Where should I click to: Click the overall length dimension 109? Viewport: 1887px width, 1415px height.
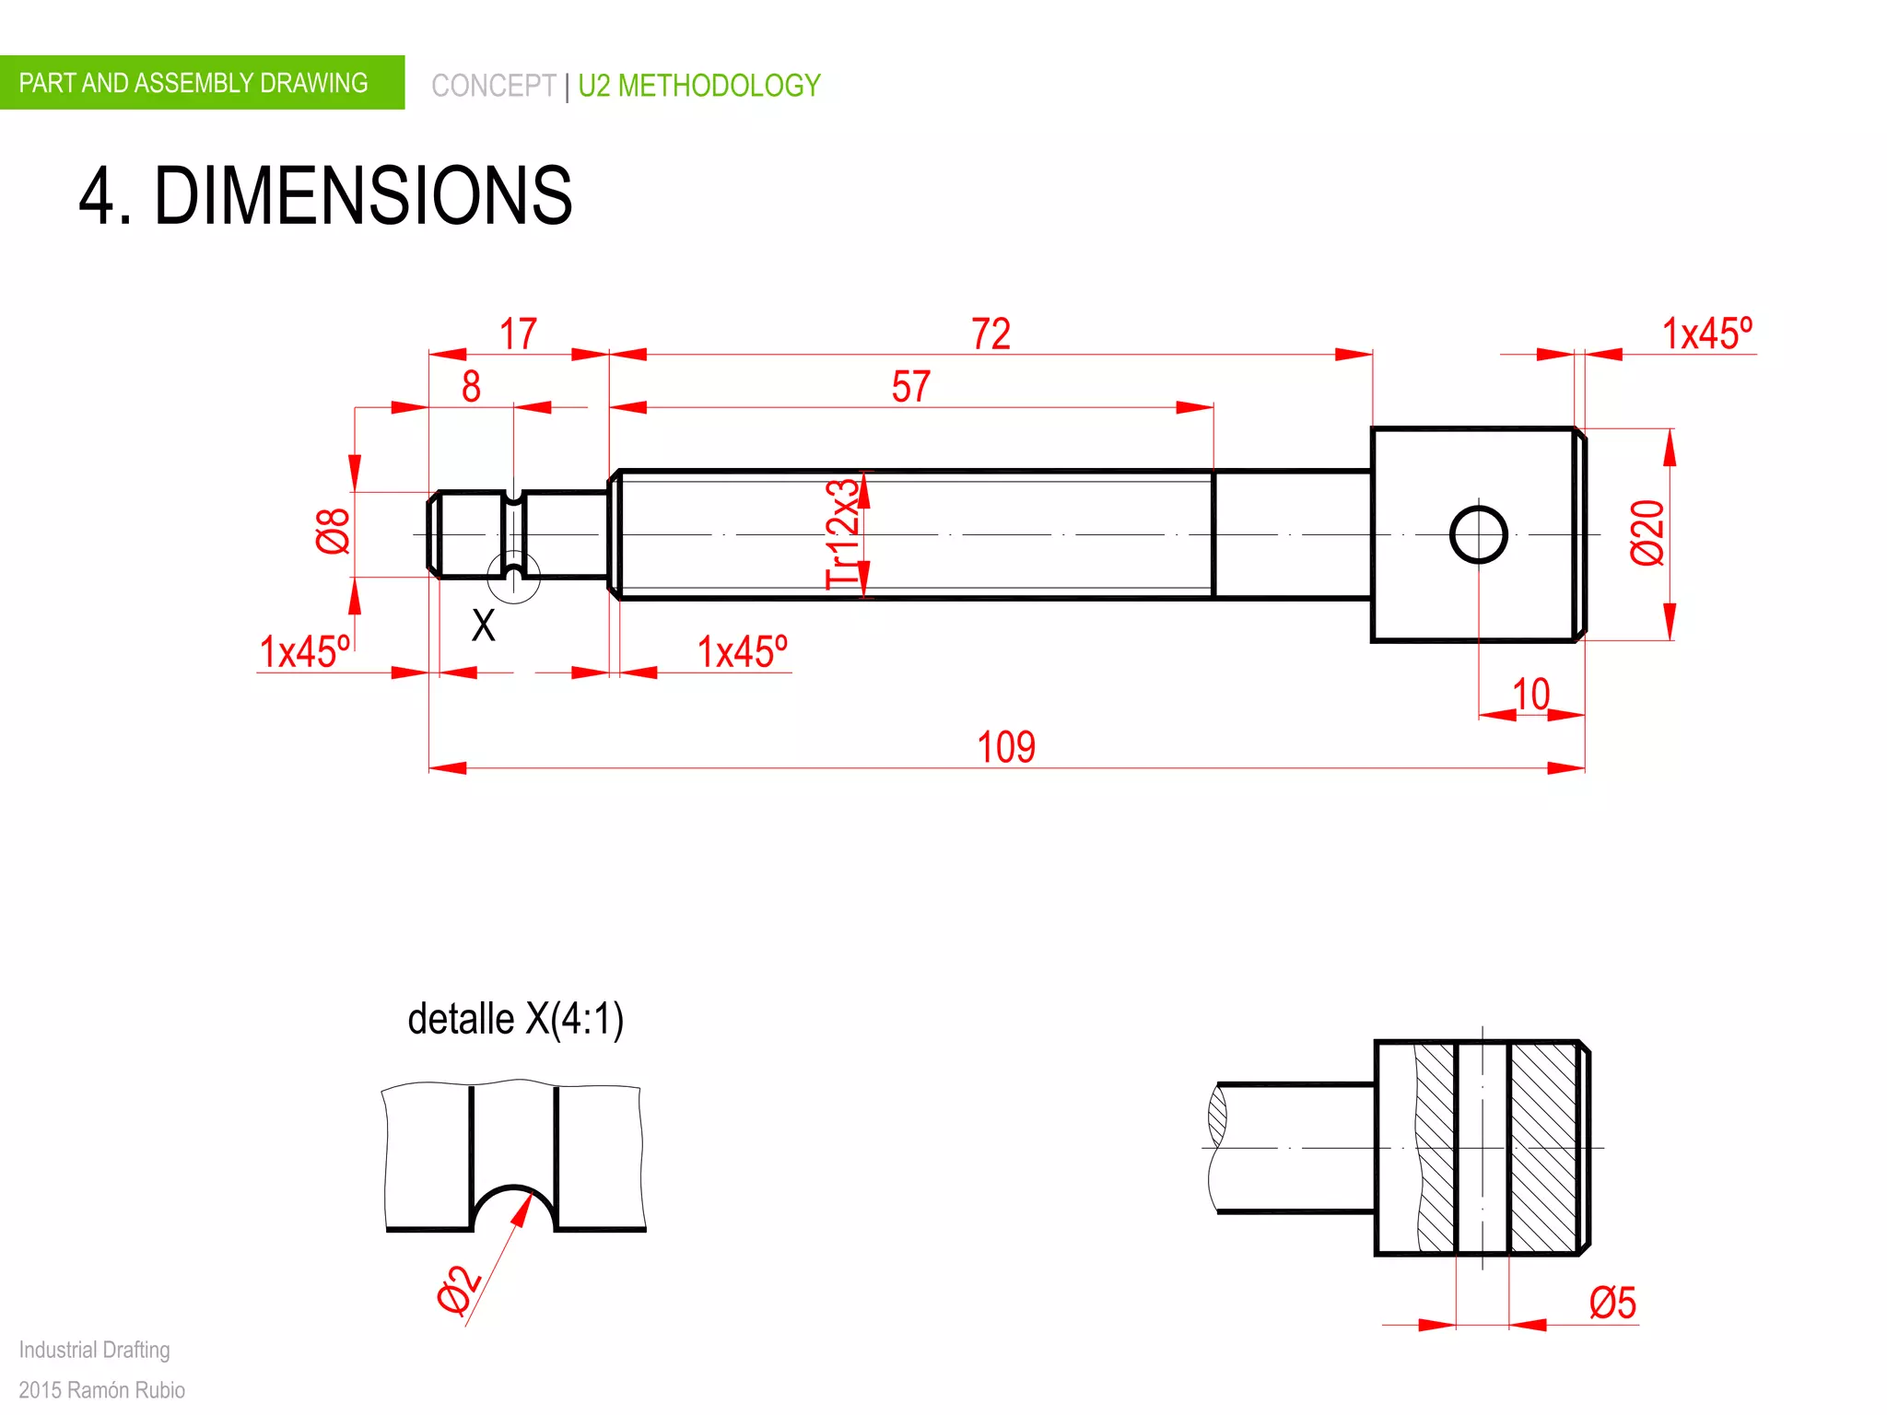pyautogui.click(x=1005, y=747)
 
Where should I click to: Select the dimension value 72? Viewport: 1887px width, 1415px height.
pyautogui.click(x=990, y=333)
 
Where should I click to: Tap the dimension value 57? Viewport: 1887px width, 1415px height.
pyautogui.click(x=910, y=387)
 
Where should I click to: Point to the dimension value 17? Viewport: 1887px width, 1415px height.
pyautogui.click(x=518, y=333)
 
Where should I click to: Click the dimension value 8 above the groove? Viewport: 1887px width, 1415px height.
pyautogui.click(x=471, y=387)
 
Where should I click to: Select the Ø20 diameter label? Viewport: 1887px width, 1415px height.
pyautogui.click(x=1647, y=532)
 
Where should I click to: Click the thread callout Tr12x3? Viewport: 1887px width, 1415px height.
pyautogui.click(x=842, y=534)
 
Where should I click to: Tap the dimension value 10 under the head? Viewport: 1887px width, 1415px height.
pyautogui.click(x=1530, y=695)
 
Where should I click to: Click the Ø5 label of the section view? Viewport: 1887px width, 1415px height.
pyautogui.click(x=1612, y=1304)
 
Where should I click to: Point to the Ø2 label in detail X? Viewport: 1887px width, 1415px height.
pyautogui.click(x=458, y=1290)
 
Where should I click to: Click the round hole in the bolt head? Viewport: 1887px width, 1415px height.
pyautogui.click(x=1478, y=534)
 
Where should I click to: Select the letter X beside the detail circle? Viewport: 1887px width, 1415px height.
pyautogui.click(x=483, y=626)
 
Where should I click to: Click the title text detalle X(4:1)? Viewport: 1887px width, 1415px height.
pyautogui.click(x=516, y=1020)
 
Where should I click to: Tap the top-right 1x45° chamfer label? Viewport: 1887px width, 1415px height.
pyautogui.click(x=1706, y=333)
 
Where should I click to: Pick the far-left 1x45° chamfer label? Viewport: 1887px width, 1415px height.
pyautogui.click(x=304, y=652)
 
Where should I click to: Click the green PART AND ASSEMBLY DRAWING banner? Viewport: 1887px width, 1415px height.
pyautogui.click(x=193, y=83)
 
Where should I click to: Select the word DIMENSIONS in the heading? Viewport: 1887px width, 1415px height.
pyautogui.click(x=363, y=195)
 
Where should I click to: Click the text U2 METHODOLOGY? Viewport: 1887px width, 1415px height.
pyautogui.click(x=698, y=86)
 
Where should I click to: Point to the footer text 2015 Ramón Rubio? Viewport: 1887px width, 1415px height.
pyautogui.click(x=101, y=1389)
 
